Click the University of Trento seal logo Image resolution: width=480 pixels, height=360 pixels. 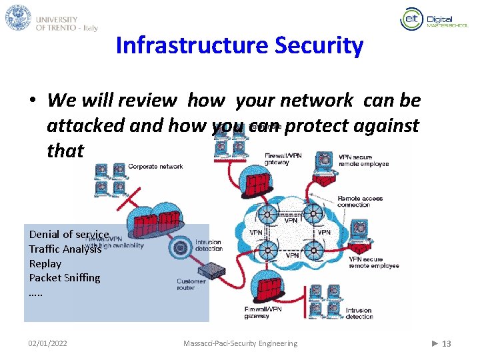click(18, 18)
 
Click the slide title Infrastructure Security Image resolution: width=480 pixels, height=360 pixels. click(239, 46)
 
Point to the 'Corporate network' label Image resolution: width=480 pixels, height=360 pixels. click(155, 167)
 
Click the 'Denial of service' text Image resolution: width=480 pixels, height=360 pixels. click(69, 234)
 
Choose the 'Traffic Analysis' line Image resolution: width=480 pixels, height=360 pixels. click(65, 249)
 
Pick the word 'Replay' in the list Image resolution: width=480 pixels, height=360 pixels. click(45, 263)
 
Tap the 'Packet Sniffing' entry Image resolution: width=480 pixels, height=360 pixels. click(64, 277)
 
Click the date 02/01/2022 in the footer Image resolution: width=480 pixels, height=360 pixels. click(47, 343)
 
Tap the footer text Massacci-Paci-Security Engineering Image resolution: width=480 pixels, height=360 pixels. click(240, 343)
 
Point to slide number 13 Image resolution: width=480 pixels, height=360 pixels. click(446, 343)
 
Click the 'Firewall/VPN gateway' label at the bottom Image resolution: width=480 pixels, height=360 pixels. click(263, 313)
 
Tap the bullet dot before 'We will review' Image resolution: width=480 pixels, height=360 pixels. click(32, 101)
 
